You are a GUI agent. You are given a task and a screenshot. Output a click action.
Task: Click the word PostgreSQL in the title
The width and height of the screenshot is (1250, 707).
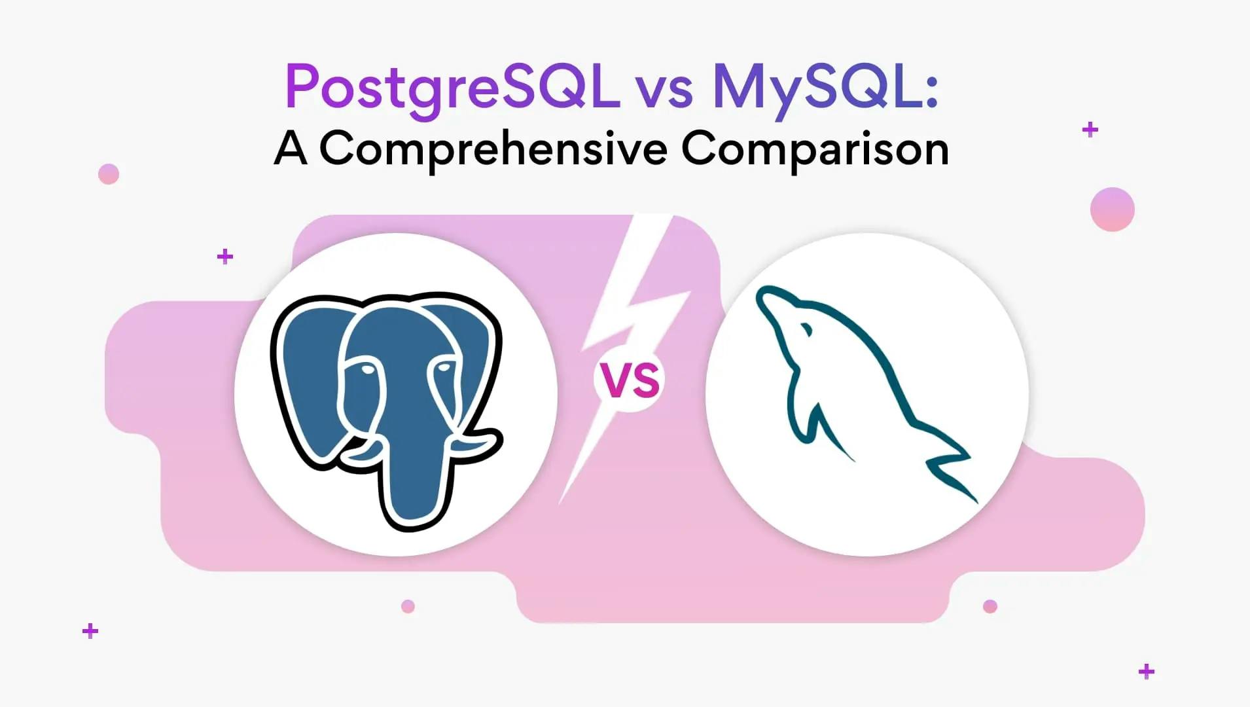point(452,88)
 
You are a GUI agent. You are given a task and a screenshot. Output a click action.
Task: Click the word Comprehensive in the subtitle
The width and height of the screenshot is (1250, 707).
point(493,149)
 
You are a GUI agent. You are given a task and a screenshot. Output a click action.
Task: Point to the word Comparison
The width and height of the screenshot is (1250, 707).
point(815,149)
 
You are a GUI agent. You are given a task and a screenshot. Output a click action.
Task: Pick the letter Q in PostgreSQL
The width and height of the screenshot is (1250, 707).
point(556,86)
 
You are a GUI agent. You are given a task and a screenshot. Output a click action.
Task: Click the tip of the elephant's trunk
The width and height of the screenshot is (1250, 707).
point(409,517)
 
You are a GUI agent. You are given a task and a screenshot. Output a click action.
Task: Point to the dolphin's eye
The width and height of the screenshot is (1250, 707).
point(807,329)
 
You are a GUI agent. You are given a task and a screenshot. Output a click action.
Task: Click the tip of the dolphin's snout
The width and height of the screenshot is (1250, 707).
point(760,295)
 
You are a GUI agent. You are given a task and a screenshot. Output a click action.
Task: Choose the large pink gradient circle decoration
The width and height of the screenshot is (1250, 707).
point(1112,209)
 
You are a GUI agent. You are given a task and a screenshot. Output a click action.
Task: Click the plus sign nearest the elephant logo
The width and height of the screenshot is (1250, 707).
point(224,256)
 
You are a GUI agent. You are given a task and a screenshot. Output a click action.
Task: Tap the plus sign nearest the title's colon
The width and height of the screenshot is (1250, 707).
point(1090,130)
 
